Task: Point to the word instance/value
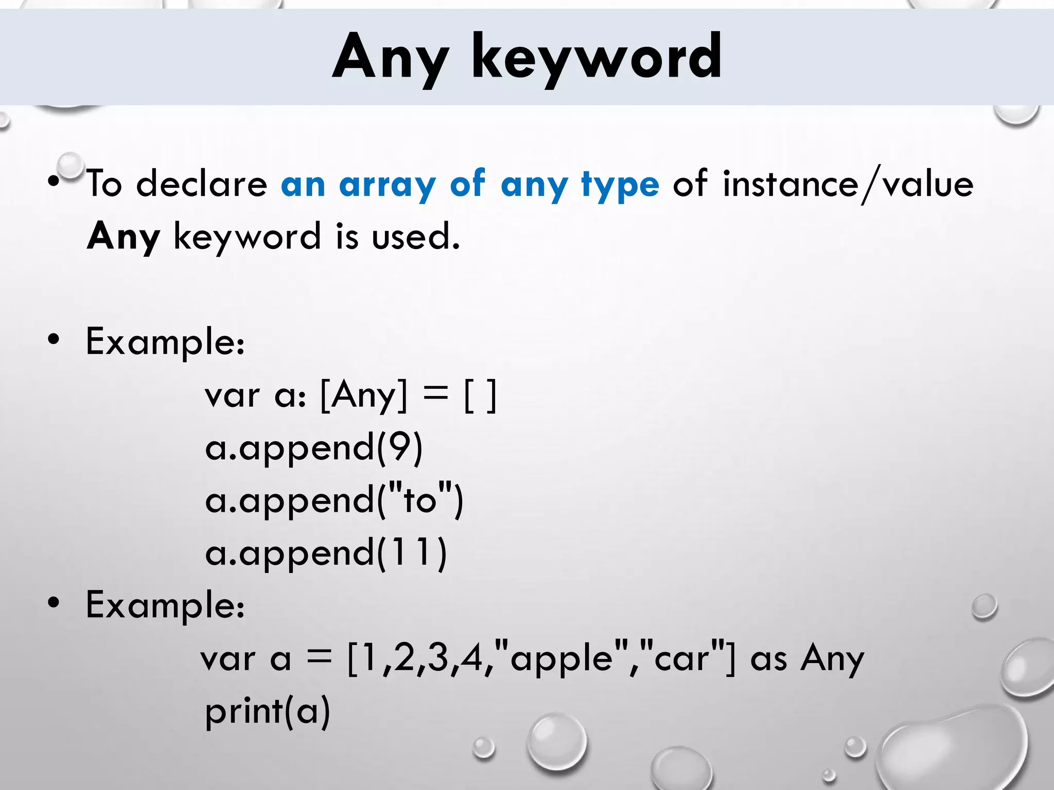click(x=848, y=184)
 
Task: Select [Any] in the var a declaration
click(x=363, y=396)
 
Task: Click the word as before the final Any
click(x=768, y=658)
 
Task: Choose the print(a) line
click(x=267, y=712)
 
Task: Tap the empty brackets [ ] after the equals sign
click(x=480, y=396)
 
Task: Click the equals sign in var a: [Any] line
click(x=434, y=394)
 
